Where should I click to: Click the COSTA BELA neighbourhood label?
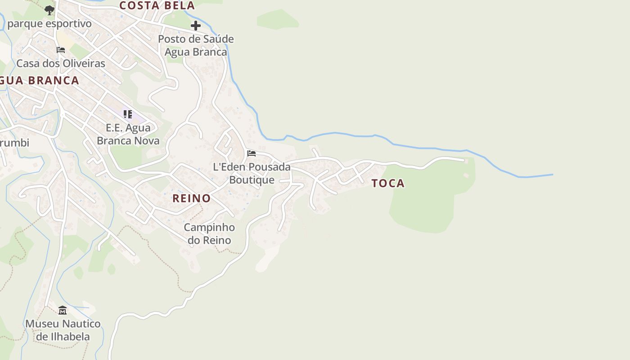pyautogui.click(x=157, y=6)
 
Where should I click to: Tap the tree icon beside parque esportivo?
pyautogui.click(x=49, y=10)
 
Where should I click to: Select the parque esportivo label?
pyautogui.click(x=49, y=23)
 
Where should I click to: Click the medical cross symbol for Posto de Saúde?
pyautogui.click(x=196, y=26)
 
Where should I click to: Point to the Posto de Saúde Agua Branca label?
pyautogui.click(x=196, y=45)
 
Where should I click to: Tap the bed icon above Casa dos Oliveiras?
pyautogui.click(x=61, y=50)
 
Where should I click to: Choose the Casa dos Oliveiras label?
pyautogui.click(x=61, y=63)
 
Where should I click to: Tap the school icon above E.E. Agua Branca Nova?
pyautogui.click(x=128, y=114)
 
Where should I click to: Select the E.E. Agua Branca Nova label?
pyautogui.click(x=128, y=134)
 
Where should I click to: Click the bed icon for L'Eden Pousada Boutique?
pyautogui.click(x=252, y=153)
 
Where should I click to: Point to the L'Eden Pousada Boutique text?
pyautogui.click(x=252, y=173)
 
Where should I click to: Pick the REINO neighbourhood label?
pyautogui.click(x=192, y=198)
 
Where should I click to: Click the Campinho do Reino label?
pyautogui.click(x=209, y=234)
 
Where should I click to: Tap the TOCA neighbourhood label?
pyautogui.click(x=388, y=183)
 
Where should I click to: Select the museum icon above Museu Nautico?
pyautogui.click(x=63, y=310)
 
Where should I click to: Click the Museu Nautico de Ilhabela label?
pyautogui.click(x=63, y=330)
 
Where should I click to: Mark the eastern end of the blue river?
pyautogui.click(x=552, y=175)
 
